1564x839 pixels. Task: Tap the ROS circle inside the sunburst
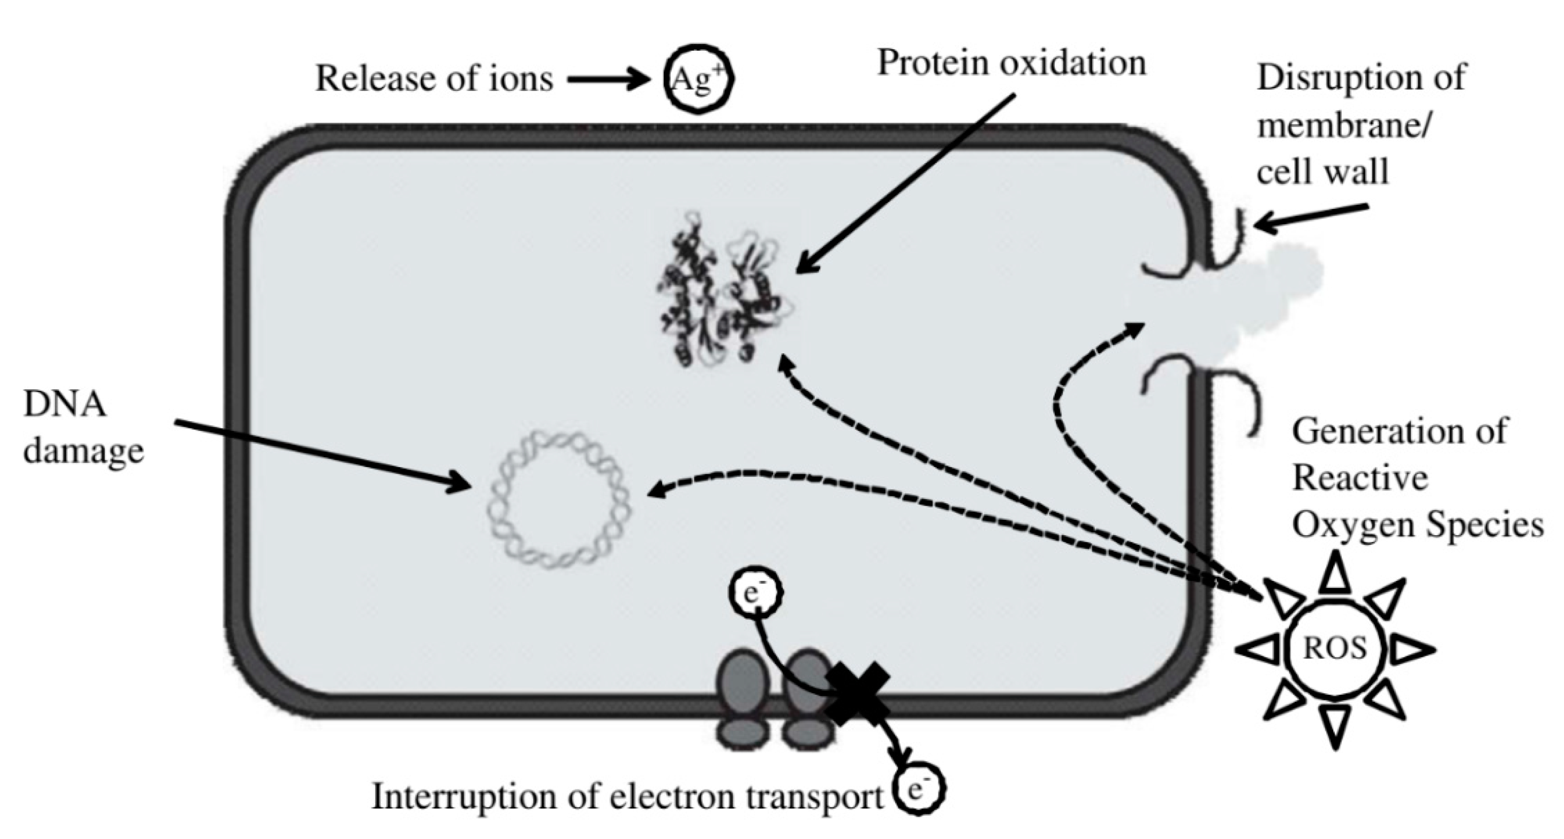pos(1334,649)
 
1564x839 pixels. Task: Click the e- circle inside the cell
pos(755,593)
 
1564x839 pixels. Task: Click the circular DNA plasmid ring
pos(559,500)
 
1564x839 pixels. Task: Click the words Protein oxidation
pos(1011,63)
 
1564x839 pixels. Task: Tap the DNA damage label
pos(82,427)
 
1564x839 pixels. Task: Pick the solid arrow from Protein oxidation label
pos(905,182)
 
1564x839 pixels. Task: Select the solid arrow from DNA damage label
pos(322,455)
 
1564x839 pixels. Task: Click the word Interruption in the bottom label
pos(465,796)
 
